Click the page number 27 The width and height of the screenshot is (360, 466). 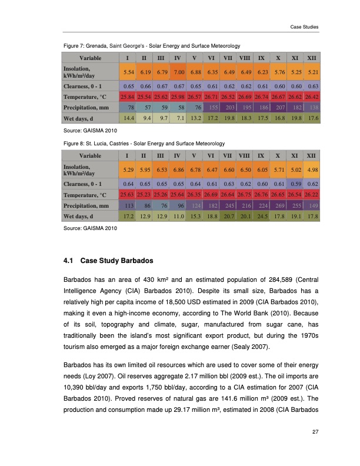315,433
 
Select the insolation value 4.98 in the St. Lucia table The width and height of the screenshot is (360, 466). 313,169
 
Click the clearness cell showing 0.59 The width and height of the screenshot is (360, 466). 296,182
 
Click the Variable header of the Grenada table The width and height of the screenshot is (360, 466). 90,58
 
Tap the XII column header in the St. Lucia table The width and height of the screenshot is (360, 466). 313,155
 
